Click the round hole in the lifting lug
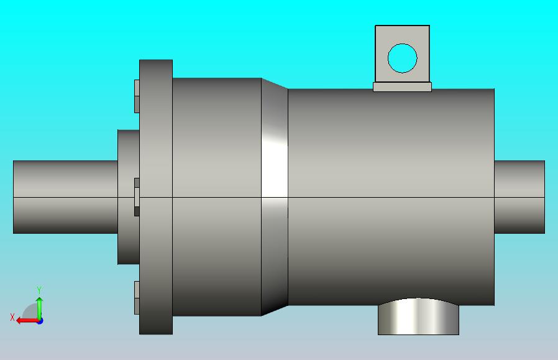(x=402, y=58)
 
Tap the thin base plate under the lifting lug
(x=402, y=87)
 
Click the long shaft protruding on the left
(x=65, y=197)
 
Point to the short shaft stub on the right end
(x=519, y=197)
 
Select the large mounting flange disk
(x=156, y=197)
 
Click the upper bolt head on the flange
(x=137, y=96)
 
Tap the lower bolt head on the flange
(x=137, y=298)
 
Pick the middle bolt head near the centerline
(x=137, y=197)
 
